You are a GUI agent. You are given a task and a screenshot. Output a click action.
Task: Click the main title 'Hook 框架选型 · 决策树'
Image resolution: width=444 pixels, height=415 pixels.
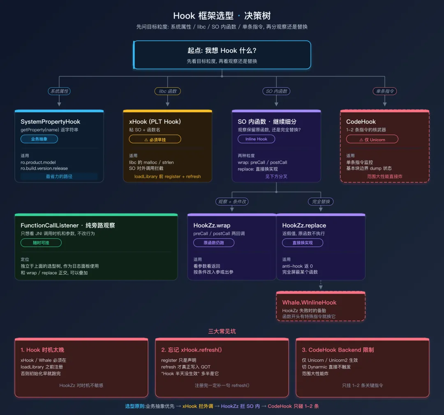pyautogui.click(x=222, y=16)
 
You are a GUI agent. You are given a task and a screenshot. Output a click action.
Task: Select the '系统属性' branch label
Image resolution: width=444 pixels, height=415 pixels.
pyautogui.click(x=59, y=91)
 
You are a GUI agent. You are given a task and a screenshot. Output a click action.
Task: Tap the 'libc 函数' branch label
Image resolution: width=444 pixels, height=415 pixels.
pyautogui.click(x=167, y=91)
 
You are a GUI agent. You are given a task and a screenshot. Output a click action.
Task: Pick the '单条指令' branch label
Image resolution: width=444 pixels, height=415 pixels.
pyautogui.click(x=384, y=91)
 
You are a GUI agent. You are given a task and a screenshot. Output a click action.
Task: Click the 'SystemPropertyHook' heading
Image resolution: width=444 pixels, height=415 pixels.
pyautogui.click(x=51, y=121)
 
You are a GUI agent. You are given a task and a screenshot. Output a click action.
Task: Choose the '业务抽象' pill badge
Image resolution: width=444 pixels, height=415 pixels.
pyautogui.click(x=39, y=139)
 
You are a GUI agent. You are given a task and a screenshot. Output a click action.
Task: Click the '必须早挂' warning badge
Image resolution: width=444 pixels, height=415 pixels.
pyautogui.click(x=155, y=139)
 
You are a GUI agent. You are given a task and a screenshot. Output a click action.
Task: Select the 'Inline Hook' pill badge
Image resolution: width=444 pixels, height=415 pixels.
pyautogui.click(x=256, y=139)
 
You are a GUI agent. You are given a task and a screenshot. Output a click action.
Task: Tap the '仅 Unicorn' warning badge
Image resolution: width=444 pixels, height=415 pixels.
pyautogui.click(x=372, y=139)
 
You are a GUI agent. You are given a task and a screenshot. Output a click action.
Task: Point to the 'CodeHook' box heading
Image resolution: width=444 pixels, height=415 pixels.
pyautogui.click(x=361, y=121)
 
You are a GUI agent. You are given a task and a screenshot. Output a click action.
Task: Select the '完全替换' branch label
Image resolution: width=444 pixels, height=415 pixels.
pyautogui.click(x=321, y=201)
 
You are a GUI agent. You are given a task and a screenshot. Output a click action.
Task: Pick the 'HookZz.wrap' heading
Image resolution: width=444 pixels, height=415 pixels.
pyautogui.click(x=212, y=225)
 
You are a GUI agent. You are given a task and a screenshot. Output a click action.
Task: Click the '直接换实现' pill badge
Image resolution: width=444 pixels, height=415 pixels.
pyautogui.click(x=303, y=243)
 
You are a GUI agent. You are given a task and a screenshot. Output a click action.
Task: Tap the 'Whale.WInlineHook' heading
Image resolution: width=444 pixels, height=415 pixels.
pyautogui.click(x=309, y=302)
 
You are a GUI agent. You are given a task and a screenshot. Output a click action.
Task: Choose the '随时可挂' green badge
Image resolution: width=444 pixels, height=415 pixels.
pyautogui.click(x=41, y=243)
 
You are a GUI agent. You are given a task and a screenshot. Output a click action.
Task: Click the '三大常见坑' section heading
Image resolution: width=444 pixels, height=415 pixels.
pyautogui.click(x=222, y=331)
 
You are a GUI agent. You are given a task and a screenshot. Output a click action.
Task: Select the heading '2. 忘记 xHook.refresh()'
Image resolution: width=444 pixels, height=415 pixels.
pyautogui.click(x=192, y=350)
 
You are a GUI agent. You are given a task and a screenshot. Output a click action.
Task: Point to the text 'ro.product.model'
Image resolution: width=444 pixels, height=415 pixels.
pyautogui.click(x=38, y=162)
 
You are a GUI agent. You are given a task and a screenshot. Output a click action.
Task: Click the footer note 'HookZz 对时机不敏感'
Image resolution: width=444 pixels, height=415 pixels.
pyautogui.click(x=81, y=385)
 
